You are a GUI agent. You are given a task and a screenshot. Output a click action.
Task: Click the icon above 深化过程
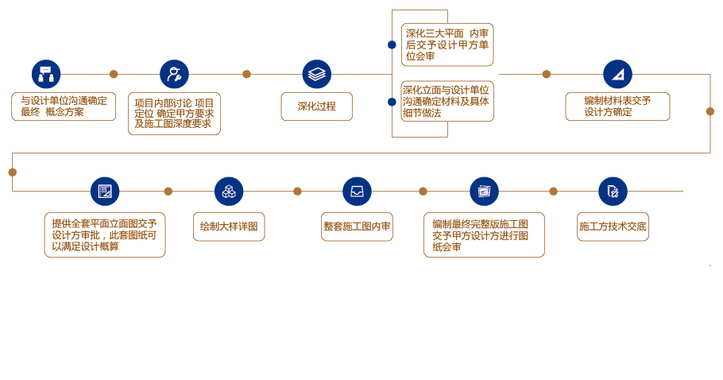pos(317,74)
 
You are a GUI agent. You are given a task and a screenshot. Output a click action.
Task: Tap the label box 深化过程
pos(317,107)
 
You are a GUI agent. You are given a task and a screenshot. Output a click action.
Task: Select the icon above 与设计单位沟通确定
pos(46,74)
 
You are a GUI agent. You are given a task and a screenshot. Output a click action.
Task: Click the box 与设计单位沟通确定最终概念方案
pos(64,107)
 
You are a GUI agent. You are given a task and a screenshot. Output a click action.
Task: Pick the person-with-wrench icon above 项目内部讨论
pos(174,74)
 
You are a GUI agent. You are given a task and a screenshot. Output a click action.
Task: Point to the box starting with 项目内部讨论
pos(174,114)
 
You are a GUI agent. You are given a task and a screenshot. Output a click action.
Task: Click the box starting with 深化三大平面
pos(447,45)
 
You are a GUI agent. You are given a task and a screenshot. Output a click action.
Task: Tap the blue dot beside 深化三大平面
pos(392,45)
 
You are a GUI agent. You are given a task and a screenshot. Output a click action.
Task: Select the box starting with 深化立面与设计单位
pos(447,102)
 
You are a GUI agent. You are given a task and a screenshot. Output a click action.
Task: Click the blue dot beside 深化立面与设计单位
pos(392,102)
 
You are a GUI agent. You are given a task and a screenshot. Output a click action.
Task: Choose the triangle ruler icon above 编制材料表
pos(617,74)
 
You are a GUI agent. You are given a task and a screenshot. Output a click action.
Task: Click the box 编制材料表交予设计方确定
pos(617,107)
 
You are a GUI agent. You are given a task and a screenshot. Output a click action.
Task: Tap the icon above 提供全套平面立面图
pos(105,192)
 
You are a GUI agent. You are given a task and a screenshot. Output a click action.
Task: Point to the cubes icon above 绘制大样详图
pos(229,192)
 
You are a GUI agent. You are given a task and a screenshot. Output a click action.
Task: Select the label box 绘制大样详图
pos(229,227)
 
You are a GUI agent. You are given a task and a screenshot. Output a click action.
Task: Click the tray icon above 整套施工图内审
pos(357,192)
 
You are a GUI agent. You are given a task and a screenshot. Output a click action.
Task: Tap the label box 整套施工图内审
pos(357,227)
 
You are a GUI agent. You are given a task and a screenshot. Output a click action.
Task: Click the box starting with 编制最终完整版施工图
pos(484,235)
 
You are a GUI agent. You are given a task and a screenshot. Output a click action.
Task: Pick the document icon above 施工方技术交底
pos(613,192)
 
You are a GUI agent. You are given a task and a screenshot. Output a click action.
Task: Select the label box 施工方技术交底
pos(613,227)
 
